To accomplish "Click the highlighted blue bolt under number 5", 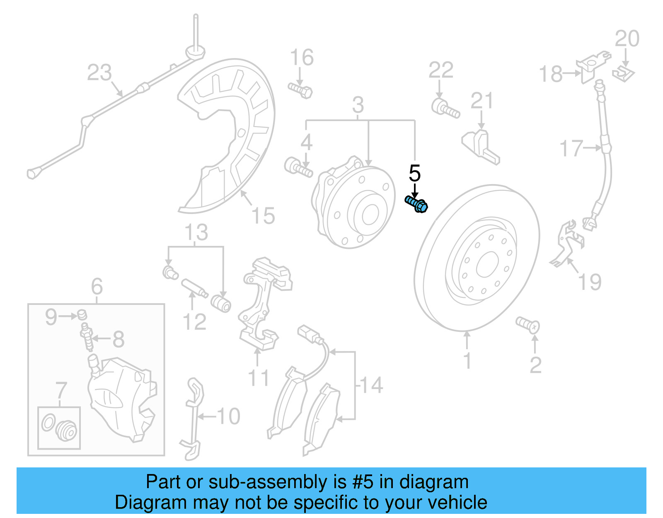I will (x=416, y=204).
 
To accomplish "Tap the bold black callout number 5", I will (x=414, y=173).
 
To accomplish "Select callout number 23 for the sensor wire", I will (x=99, y=73).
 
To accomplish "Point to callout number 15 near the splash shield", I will (x=263, y=216).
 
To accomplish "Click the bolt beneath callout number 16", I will (x=300, y=90).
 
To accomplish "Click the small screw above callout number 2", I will (x=527, y=324).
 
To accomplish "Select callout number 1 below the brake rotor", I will (x=467, y=361).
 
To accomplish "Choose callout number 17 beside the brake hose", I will (x=571, y=148).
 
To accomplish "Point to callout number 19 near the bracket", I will (x=590, y=282).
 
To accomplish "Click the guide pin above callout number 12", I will (x=194, y=288).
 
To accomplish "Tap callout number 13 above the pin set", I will (x=196, y=232).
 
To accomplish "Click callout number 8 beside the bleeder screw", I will (x=119, y=339).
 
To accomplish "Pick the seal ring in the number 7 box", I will (x=48, y=423).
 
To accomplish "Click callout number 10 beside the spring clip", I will (x=228, y=416).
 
